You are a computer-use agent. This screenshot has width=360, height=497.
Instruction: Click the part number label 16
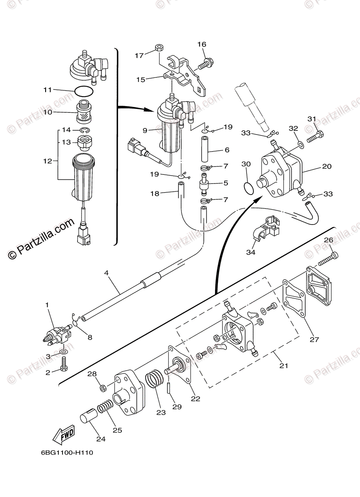click(201, 45)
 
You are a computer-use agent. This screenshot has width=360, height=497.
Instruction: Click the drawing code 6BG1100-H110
click(67, 453)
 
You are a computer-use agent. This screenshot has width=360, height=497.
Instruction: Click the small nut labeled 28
click(104, 388)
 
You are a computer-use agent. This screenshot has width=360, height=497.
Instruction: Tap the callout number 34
click(251, 252)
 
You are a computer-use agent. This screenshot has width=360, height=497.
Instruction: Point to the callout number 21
click(284, 366)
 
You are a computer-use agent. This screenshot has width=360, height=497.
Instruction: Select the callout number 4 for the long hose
click(106, 273)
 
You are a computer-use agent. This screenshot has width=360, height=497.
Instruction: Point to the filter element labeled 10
click(85, 111)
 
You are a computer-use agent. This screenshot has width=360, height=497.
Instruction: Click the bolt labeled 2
click(64, 365)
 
